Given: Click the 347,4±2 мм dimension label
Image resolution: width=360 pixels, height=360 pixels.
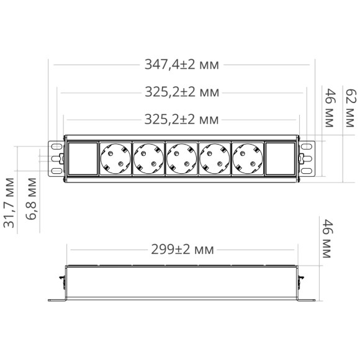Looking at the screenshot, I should point(182,64).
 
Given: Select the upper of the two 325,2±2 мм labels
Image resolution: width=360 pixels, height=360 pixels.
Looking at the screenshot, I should point(182,92).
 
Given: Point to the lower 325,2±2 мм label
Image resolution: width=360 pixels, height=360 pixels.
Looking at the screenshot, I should point(182,119).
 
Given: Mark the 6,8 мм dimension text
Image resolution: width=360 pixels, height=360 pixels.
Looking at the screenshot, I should point(32,194).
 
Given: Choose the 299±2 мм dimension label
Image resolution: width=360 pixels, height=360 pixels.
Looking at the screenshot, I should point(182,250).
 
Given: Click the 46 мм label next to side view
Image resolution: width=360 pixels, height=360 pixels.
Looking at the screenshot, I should point(330,236).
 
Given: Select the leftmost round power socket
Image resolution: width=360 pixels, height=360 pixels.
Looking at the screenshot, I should point(115,158).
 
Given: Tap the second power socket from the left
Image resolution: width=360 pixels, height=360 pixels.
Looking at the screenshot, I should point(148,158).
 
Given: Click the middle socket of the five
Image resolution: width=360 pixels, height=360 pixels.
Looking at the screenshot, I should point(182,158).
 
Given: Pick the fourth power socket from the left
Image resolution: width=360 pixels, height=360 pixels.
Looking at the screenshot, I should point(215,158).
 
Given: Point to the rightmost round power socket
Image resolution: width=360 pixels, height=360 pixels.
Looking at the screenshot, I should point(248,158).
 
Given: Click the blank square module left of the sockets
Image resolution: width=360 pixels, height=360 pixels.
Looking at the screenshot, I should point(82,158).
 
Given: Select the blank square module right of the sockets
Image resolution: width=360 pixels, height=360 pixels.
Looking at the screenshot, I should point(281,158).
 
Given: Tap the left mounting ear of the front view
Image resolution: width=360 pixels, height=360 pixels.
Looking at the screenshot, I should point(55,158).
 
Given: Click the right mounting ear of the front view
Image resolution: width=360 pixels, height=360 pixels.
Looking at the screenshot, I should point(307,158).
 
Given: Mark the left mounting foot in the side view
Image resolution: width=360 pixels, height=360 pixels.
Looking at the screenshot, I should point(60,301).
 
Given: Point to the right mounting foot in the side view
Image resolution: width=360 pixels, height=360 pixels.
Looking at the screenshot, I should point(305,301).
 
